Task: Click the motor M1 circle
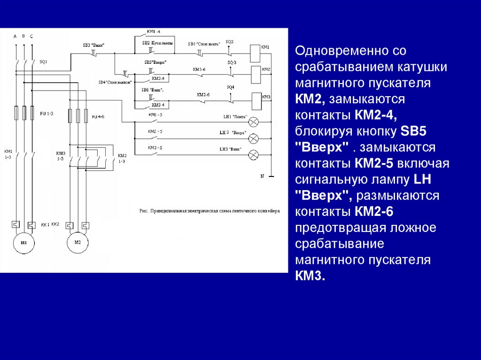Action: tap(23, 242)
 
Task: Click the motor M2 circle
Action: tap(78, 242)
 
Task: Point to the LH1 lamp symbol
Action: tap(253, 122)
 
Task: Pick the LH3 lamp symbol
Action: tap(253, 154)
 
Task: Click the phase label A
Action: tap(15, 36)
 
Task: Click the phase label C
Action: tap(31, 36)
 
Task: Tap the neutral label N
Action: tap(263, 176)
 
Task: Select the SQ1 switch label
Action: tap(43, 61)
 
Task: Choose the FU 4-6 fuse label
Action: tap(98, 116)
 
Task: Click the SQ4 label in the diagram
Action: tap(230, 87)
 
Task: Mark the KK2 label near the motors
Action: tap(55, 224)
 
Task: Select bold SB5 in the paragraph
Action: tap(412, 131)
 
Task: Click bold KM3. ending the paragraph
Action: tap(310, 276)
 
